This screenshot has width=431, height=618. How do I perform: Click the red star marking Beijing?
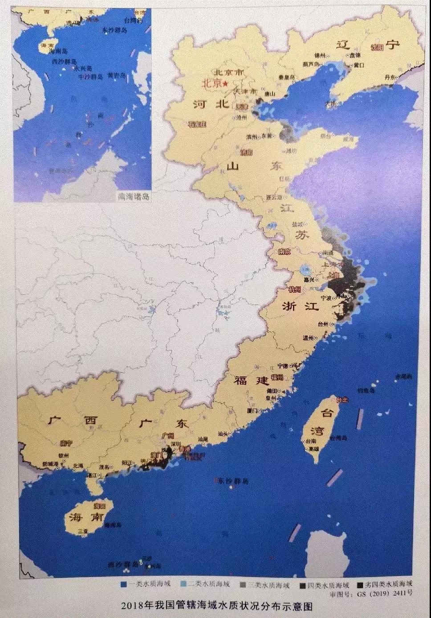pyautogui.click(x=226, y=84)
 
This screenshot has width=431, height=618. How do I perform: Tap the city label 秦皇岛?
pyautogui.click(x=286, y=77)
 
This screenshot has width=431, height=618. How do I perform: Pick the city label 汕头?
pyautogui.click(x=224, y=433)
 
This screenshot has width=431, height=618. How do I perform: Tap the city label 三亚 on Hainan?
pyautogui.click(x=82, y=531)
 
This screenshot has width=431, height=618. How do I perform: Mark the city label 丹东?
pyautogui.click(x=390, y=77)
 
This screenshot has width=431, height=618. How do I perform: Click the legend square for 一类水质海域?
pyautogui.click(x=123, y=584)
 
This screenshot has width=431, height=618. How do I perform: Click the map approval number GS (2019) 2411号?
pyautogui.click(x=379, y=593)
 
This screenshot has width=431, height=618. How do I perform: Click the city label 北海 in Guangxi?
pyautogui.click(x=78, y=465)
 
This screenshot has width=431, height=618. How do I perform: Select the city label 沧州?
pyautogui.click(x=242, y=118)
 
